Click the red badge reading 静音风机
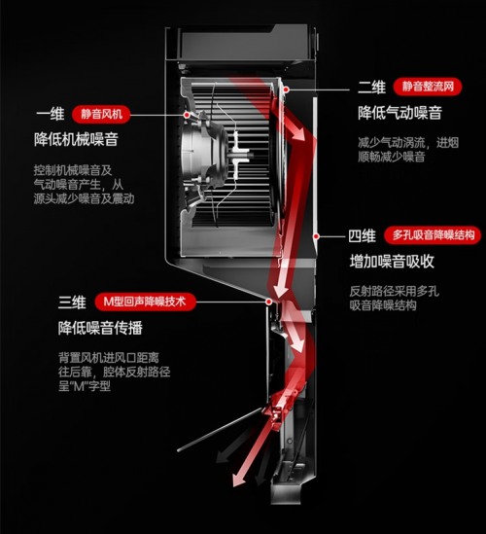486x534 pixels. pyautogui.click(x=101, y=114)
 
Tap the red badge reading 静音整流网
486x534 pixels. pyautogui.click(x=428, y=87)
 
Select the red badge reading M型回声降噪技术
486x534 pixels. pyautogui.click(x=146, y=302)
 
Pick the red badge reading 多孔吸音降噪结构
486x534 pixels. pyautogui.click(x=433, y=235)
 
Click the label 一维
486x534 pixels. pyautogui.click(x=51, y=114)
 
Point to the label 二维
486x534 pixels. pyautogui.click(x=371, y=88)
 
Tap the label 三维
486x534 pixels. pyautogui.click(x=72, y=303)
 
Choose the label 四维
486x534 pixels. pyautogui.click(x=363, y=235)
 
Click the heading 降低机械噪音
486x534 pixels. pyautogui.click(x=76, y=140)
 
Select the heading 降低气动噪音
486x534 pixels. pyautogui.click(x=399, y=113)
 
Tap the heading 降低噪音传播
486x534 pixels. pyautogui.click(x=100, y=328)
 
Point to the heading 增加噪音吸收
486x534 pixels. pyautogui.click(x=392, y=262)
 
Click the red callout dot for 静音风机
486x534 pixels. pyautogui.click(x=187, y=115)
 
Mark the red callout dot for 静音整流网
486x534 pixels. pyautogui.click(x=286, y=89)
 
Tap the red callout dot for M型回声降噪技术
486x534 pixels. pyautogui.click(x=269, y=302)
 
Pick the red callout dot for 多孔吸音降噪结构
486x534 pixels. pyautogui.click(x=316, y=236)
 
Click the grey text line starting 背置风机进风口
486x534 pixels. pyautogui.click(x=109, y=358)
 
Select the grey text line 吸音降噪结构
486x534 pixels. pyautogui.click(x=383, y=305)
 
